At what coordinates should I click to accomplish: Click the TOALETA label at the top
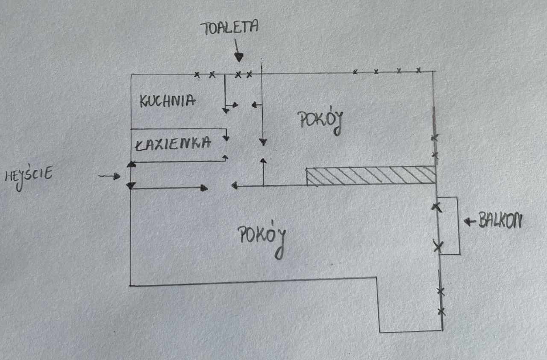tap(231, 28)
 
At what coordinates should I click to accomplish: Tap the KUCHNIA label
tap(168, 101)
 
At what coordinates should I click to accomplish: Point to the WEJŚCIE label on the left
tap(29, 176)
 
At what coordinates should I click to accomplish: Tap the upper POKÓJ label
tap(322, 122)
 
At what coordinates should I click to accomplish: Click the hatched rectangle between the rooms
tap(371, 176)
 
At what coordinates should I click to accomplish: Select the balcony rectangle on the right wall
tap(449, 225)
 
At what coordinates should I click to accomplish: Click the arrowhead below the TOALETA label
tap(239, 57)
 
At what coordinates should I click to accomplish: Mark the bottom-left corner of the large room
tap(130, 285)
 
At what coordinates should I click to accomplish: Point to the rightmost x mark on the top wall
tap(419, 70)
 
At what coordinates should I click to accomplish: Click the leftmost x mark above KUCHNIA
tap(197, 75)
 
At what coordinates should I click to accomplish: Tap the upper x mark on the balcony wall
tap(435, 207)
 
